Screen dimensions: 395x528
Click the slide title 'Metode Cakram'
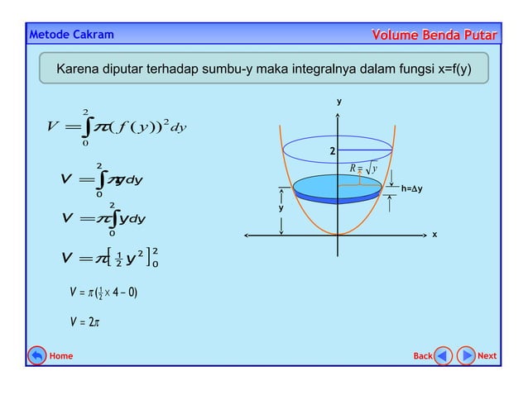click(x=71, y=35)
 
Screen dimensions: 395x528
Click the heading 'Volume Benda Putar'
click(x=435, y=35)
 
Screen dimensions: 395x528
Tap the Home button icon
click(x=37, y=356)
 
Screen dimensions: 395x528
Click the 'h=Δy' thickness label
click(x=411, y=189)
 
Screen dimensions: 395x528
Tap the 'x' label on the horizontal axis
click(x=434, y=235)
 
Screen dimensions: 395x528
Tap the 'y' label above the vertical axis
click(x=338, y=102)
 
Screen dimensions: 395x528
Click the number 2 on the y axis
click(x=332, y=152)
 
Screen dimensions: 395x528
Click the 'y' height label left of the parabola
click(x=281, y=209)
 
